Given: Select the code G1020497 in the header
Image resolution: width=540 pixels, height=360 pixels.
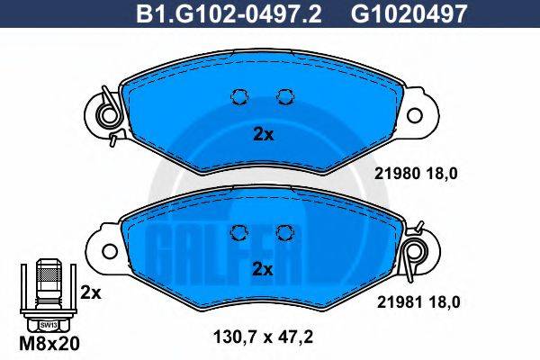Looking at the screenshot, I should click(395, 13).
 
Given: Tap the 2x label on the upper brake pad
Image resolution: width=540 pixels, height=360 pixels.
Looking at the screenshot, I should click(263, 134).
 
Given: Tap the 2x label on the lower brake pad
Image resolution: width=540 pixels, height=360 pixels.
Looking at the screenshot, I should click(263, 269).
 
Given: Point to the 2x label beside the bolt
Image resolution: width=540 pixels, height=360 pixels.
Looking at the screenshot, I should click(90, 292).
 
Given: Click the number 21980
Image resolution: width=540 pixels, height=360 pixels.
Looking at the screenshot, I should click(392, 175).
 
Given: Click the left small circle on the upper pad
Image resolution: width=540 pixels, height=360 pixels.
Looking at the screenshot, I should click(239, 97).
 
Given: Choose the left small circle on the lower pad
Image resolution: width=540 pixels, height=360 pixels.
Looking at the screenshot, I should click(239, 232).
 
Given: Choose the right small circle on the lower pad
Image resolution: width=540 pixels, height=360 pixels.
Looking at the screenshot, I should click(286, 232).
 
